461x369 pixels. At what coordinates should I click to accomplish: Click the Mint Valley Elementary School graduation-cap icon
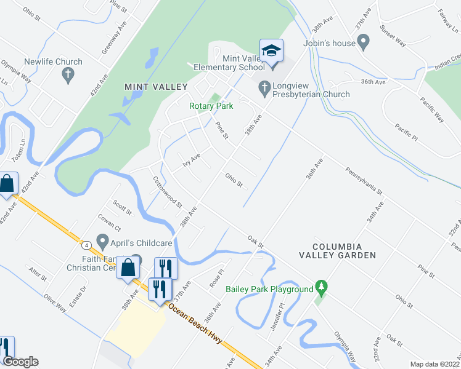[271, 50]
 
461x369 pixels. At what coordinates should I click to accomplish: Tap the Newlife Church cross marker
[68, 76]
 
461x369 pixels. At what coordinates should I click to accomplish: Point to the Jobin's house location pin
[364, 43]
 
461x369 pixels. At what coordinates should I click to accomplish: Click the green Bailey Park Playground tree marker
[320, 287]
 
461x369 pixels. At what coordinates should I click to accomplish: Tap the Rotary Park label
[211, 106]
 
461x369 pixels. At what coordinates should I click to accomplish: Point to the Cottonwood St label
[167, 192]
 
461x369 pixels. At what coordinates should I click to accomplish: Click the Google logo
[20, 361]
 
